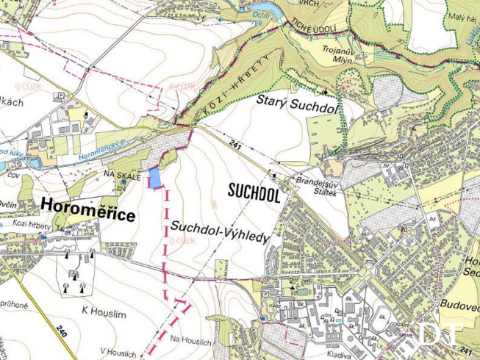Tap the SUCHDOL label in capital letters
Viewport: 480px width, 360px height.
click(x=254, y=193)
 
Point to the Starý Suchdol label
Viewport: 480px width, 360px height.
click(x=296, y=103)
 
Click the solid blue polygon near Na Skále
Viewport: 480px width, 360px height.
click(x=155, y=179)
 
